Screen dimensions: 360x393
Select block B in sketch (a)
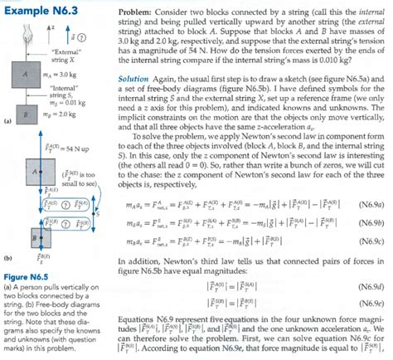28,114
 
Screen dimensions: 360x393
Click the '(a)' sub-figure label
7,122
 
